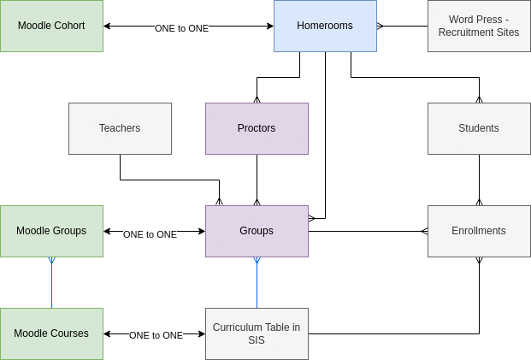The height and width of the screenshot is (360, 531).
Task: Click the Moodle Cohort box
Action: pos(51,26)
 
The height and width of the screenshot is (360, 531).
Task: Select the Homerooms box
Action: pos(325,26)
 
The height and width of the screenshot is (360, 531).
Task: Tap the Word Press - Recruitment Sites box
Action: pos(479,26)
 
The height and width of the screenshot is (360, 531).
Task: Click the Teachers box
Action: pos(120,128)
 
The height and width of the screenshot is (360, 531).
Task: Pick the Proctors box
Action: pos(257,128)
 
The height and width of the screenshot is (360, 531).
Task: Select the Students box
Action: pos(479,128)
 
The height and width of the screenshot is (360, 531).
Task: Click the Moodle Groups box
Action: pos(51,231)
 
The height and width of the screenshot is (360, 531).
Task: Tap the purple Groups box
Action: pos(257,231)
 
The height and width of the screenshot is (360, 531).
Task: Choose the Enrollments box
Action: pos(479,231)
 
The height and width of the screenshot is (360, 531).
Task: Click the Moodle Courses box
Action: pos(51,333)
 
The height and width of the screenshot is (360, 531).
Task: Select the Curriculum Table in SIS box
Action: pos(257,333)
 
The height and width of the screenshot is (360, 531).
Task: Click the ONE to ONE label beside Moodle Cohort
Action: pos(181,28)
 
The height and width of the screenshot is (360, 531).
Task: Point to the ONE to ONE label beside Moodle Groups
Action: pos(150,234)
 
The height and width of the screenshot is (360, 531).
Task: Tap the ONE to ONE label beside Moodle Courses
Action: pos(156,335)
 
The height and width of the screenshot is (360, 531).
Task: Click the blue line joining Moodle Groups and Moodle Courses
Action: pos(51,286)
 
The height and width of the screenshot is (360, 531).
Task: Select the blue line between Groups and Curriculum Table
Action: pos(257,286)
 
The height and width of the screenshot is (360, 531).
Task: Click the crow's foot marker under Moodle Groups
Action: pos(51,260)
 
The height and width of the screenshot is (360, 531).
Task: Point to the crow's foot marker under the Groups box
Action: pos(257,260)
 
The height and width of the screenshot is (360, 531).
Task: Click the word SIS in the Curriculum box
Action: pos(257,340)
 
